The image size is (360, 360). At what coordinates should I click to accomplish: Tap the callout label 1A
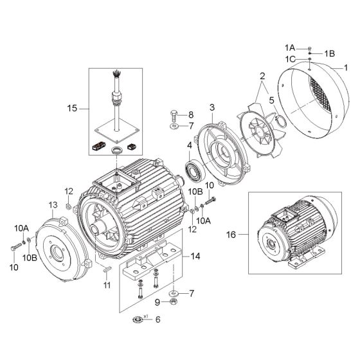point(290,48)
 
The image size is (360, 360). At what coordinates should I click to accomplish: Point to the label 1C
point(290,59)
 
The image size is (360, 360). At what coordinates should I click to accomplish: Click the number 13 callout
point(53,204)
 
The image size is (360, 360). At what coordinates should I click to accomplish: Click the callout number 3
point(212,107)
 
